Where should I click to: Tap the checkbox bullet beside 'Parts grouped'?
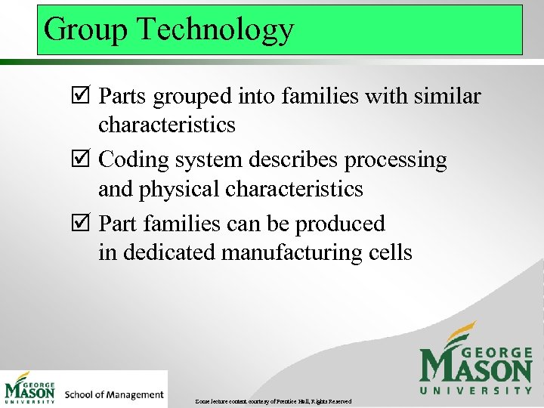82,97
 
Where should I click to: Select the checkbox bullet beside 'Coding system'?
82,161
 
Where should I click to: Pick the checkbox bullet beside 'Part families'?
82,224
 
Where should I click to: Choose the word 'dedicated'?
169,252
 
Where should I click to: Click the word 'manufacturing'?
298,252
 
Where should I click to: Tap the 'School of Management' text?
114,394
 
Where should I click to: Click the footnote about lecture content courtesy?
273,400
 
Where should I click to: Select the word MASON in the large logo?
476,367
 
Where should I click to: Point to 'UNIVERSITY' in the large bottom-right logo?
476,390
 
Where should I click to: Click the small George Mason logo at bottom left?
30,388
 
